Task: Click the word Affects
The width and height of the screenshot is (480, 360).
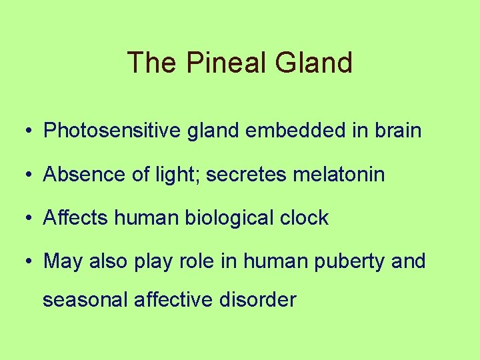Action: coord(73,217)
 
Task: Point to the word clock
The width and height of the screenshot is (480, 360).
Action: coord(304,217)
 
